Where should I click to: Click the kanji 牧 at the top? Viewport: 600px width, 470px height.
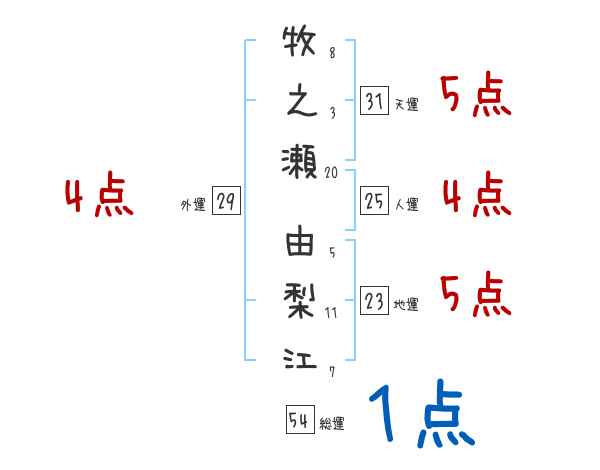300,46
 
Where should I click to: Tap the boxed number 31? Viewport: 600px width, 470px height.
374,101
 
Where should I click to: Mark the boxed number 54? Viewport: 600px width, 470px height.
299,420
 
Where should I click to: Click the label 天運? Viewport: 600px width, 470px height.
406,104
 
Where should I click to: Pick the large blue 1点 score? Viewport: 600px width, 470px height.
420,415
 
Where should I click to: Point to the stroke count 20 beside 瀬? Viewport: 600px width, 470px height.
332,172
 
